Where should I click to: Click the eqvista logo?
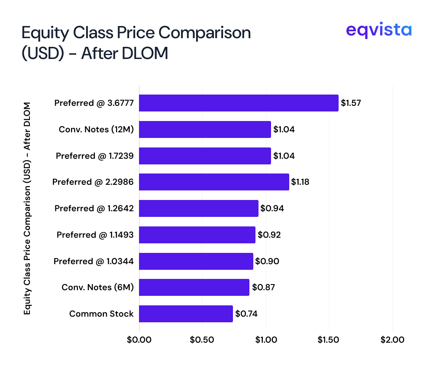point(379,30)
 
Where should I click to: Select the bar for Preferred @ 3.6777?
point(239,103)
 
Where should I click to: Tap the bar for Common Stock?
point(186,314)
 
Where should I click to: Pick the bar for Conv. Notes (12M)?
point(205,129)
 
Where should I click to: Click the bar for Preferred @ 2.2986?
point(214,182)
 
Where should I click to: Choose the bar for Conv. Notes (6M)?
point(194,287)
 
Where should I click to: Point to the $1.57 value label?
point(351,103)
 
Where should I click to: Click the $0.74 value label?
point(246,314)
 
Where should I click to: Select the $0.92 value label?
point(269,235)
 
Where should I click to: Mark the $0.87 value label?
point(263,287)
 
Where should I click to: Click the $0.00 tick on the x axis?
point(139,340)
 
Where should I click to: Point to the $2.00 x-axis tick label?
point(393,340)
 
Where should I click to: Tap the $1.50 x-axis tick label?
point(330,340)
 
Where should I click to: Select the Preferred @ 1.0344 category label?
point(94,261)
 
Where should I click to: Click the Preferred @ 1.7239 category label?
point(94,156)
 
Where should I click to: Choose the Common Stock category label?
point(101,314)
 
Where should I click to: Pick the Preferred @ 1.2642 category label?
point(94,208)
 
